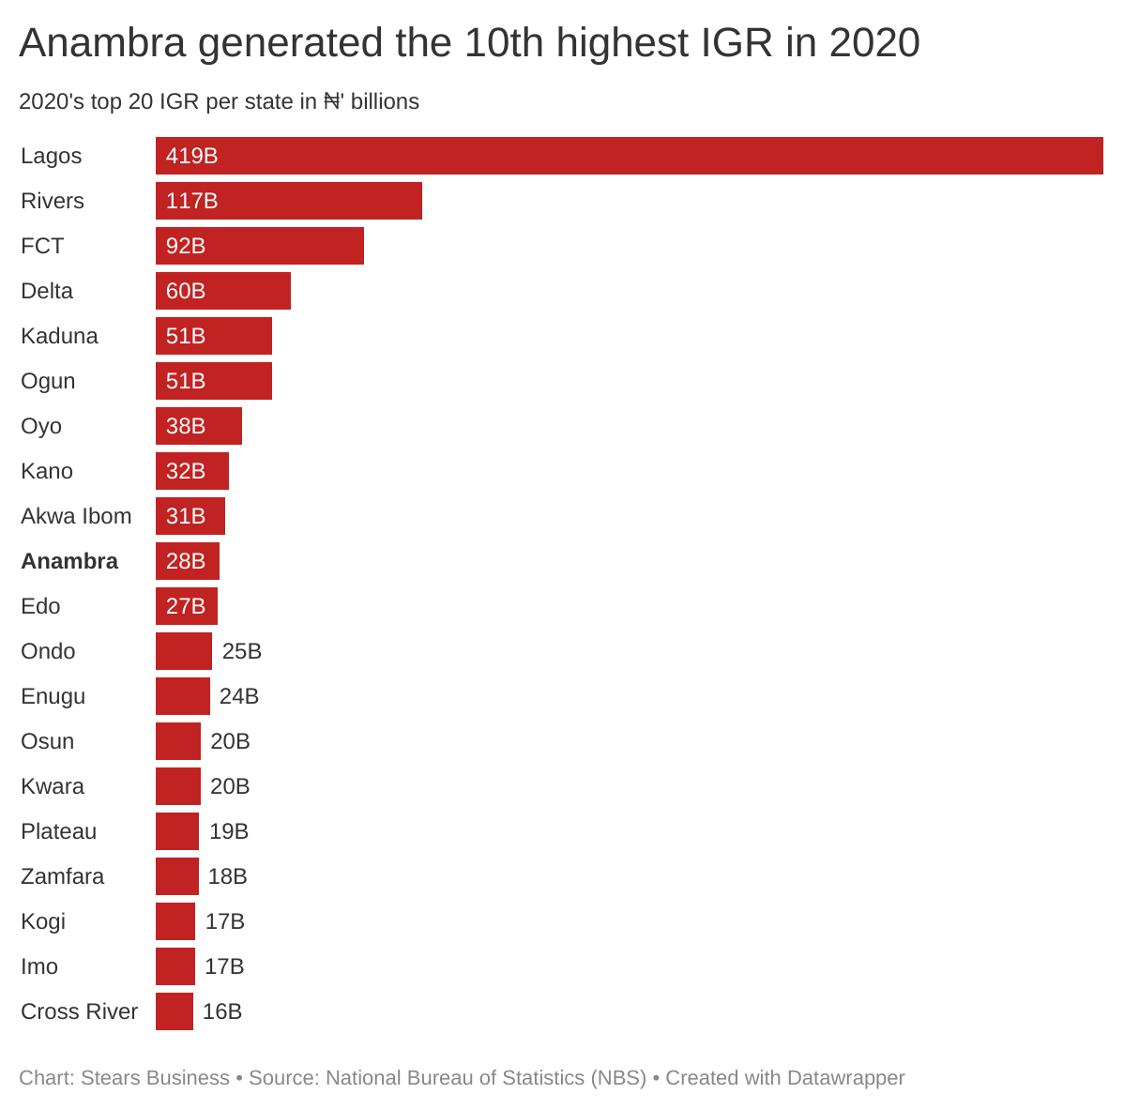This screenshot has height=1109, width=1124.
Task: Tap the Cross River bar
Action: click(175, 1011)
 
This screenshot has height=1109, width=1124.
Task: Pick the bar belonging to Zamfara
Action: click(177, 876)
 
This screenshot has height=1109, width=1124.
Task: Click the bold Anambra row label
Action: click(69, 561)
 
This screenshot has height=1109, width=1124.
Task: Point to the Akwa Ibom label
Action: click(76, 516)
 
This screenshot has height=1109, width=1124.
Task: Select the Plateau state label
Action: click(58, 831)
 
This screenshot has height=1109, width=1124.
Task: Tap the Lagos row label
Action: click(51, 156)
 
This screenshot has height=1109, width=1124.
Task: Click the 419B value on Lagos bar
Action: click(191, 156)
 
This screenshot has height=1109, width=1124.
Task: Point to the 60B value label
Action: click(186, 291)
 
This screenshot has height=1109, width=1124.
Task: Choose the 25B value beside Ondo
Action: click(242, 651)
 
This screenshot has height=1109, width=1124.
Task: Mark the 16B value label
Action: click(222, 1011)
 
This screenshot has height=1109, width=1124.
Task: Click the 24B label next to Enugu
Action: click(239, 696)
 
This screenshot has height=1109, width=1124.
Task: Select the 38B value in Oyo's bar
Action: click(186, 426)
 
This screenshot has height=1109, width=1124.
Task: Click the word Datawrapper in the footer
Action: click(845, 1078)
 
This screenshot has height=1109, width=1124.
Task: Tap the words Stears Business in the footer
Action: click(155, 1078)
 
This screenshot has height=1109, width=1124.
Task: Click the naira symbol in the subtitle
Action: click(332, 101)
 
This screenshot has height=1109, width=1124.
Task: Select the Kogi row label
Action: click(43, 921)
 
